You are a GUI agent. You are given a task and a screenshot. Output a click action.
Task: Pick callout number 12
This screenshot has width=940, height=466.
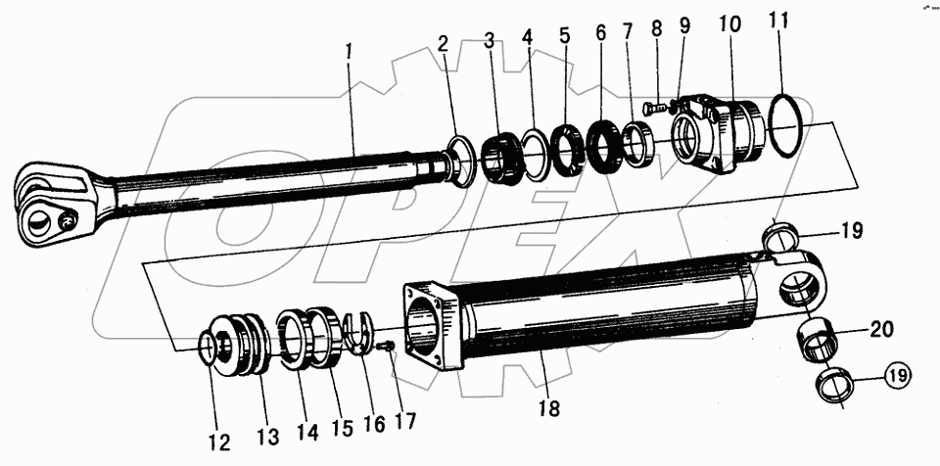[x=218, y=443]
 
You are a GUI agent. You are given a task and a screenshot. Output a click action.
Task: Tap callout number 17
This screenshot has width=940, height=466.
[x=402, y=422]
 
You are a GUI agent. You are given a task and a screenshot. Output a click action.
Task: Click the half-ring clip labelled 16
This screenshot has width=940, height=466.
[x=363, y=332]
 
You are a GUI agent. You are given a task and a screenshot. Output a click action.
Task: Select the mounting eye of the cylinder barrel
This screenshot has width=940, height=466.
[x=804, y=283]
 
